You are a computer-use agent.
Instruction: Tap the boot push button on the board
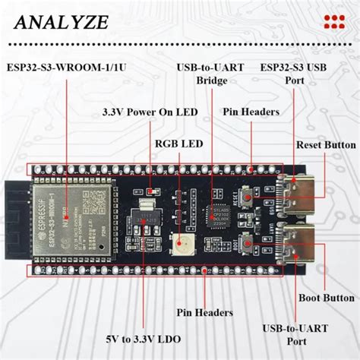(247, 242)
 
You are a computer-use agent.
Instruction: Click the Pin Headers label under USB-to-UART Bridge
(251, 112)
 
